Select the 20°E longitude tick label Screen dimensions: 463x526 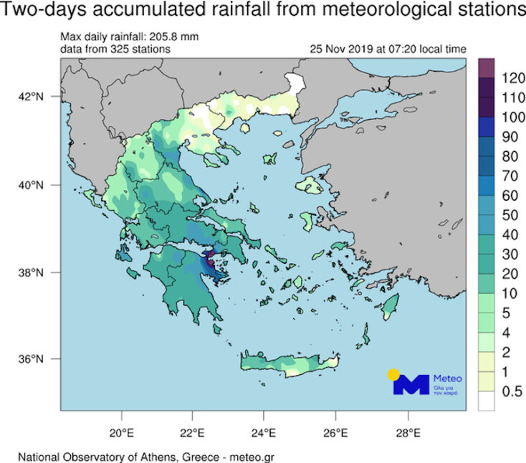(x=121, y=432)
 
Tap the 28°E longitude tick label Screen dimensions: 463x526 (x=408, y=432)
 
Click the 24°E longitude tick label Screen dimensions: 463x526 (x=264, y=432)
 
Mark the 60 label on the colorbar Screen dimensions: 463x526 (x=506, y=194)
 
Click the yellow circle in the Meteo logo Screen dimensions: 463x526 (x=393, y=375)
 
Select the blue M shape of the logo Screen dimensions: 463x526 (x=411, y=385)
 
